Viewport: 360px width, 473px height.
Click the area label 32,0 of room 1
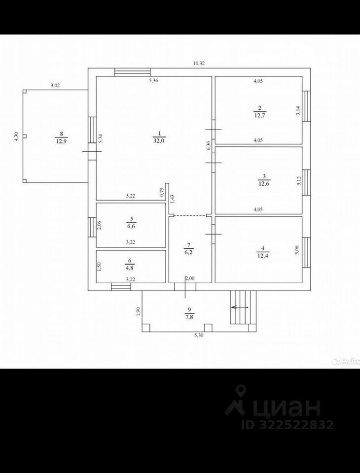(x=159, y=140)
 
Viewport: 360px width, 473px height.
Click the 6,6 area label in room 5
(x=131, y=227)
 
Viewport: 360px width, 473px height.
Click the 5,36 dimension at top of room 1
(x=154, y=80)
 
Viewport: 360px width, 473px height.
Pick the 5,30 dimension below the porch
(x=199, y=336)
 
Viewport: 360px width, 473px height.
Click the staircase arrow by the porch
(x=240, y=307)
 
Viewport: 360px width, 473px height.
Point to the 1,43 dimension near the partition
(x=172, y=199)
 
